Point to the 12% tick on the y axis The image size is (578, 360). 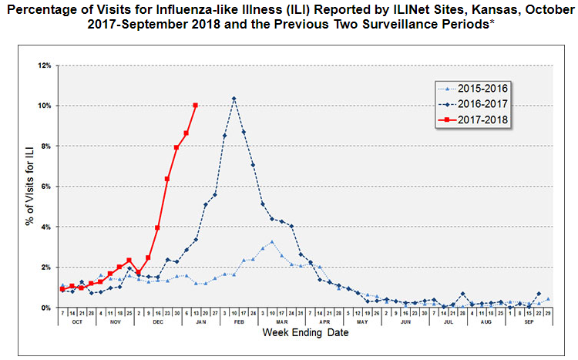(43, 66)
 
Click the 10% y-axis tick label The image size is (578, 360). (43, 106)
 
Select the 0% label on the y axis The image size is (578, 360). (45, 308)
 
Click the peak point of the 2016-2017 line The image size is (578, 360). (234, 99)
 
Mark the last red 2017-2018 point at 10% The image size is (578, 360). (195, 105)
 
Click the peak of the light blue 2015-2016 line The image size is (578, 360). (272, 242)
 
